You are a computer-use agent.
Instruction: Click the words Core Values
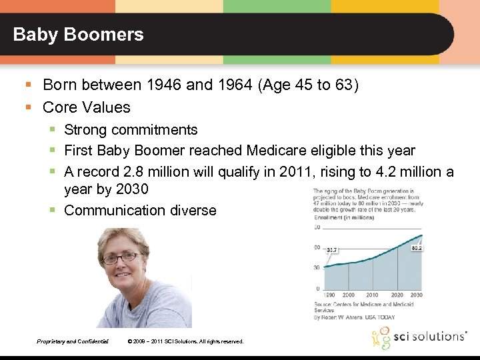pos(87,107)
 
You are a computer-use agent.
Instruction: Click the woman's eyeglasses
pos(121,257)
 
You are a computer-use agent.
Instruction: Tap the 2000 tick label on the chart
pos(348,295)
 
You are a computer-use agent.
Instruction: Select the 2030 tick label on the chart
pos(416,295)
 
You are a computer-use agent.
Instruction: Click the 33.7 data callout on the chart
pos(332,250)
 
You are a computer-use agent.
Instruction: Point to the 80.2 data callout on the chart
pos(418,247)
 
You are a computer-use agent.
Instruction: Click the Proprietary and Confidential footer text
pos(73,341)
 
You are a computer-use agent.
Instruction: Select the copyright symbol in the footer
pos(129,341)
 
